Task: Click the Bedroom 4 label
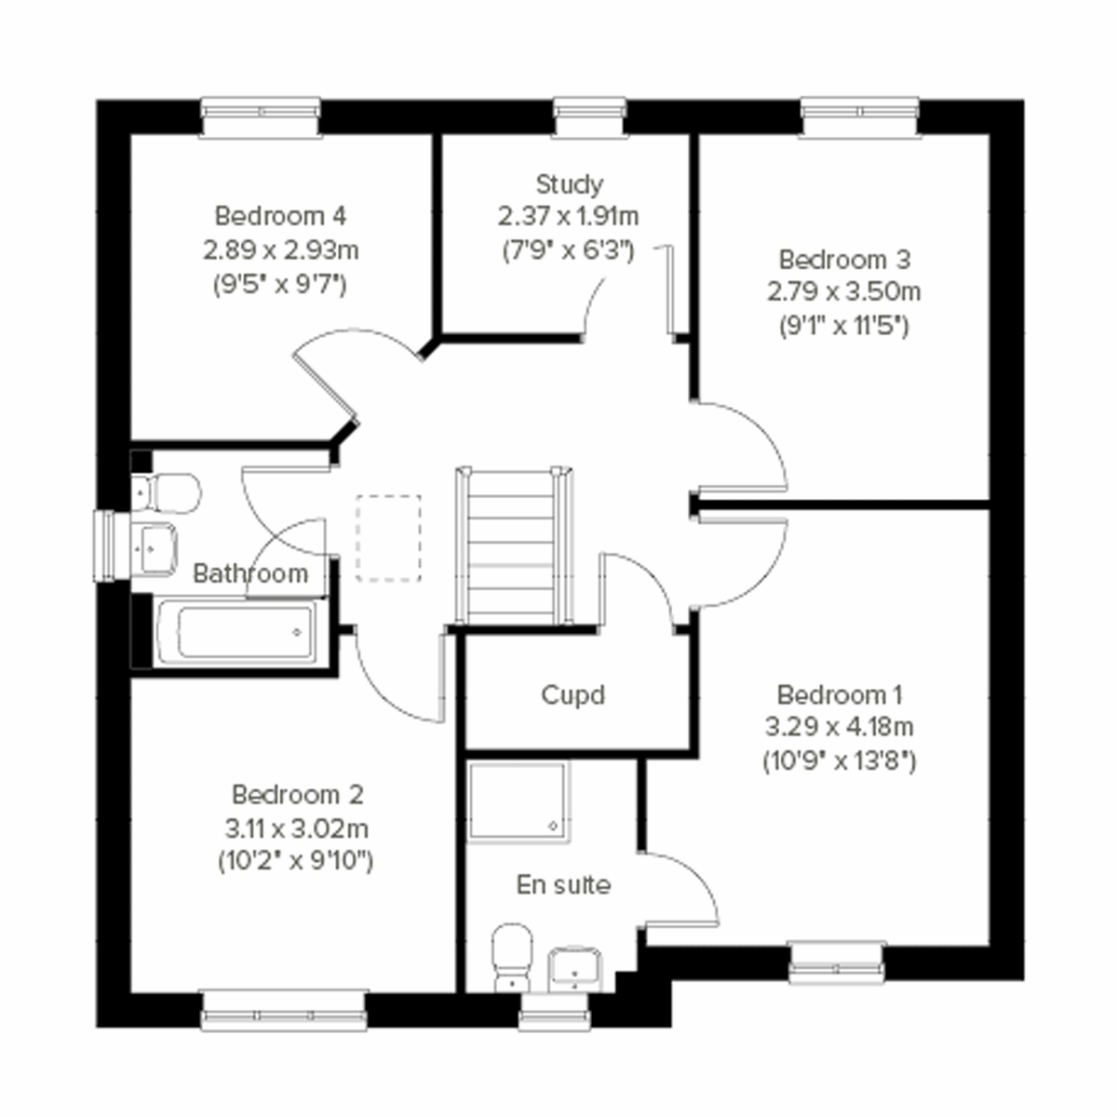pos(280,216)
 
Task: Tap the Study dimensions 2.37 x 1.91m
pos(568,217)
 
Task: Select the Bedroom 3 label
pos(844,259)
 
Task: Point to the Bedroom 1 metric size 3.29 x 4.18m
pos(839,727)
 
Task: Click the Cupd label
pos(572,695)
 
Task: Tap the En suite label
pos(563,884)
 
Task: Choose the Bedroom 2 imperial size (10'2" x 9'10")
pos(295,861)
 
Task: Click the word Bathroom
pos(249,573)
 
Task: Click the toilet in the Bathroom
pos(168,492)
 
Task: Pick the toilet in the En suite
pos(510,956)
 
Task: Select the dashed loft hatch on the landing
pos(388,538)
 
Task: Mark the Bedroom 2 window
pos(283,1010)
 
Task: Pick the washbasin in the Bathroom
pos(155,545)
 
